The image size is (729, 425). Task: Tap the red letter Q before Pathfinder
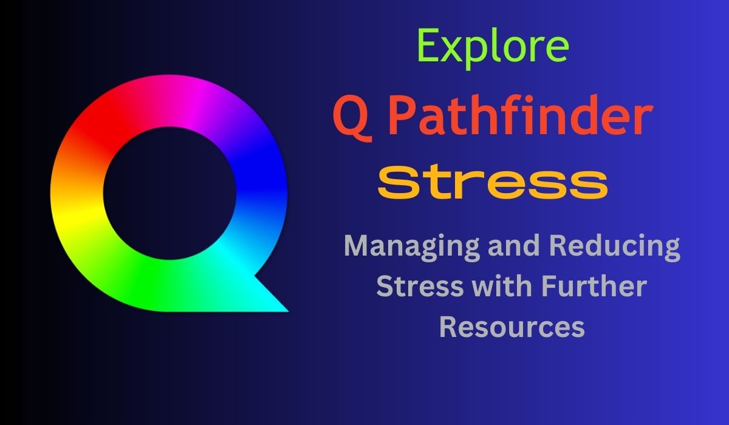[x=353, y=118]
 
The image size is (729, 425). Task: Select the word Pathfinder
[x=520, y=115]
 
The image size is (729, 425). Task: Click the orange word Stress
[x=493, y=182]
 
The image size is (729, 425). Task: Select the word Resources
[x=512, y=327]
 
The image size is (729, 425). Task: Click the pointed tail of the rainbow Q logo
[x=287, y=310]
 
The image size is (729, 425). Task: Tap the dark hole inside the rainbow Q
[x=169, y=193]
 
